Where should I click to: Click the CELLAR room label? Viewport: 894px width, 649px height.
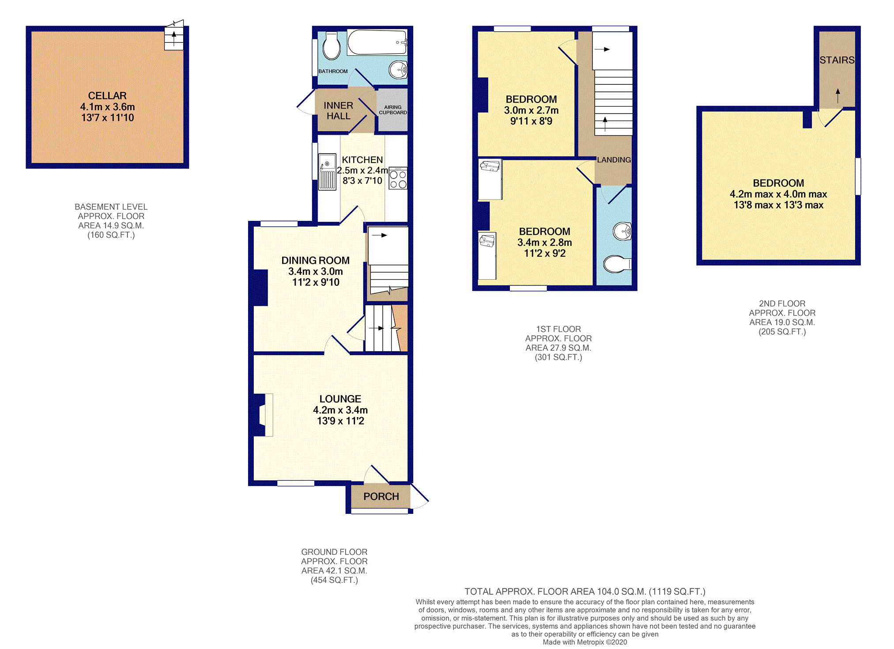[x=107, y=96]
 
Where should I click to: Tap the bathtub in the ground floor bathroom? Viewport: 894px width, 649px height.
[x=377, y=42]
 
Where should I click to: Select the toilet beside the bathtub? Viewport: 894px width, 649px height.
[x=331, y=46]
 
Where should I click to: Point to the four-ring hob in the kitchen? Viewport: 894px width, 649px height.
[x=398, y=178]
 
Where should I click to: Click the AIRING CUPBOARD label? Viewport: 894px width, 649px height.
[x=393, y=110]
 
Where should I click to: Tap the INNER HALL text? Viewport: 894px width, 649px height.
[x=338, y=111]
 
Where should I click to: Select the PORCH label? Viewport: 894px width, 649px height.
[x=381, y=497]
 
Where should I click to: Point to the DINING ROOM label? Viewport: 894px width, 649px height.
[x=316, y=261]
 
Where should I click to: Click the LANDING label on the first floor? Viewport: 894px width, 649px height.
[x=614, y=160]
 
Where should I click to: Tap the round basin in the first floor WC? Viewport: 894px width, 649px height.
[x=622, y=231]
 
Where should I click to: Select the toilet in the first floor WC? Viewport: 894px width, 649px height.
[x=617, y=265]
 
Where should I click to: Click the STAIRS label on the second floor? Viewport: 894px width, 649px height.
[x=837, y=60]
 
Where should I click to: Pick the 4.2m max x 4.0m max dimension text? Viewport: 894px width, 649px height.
[x=778, y=194]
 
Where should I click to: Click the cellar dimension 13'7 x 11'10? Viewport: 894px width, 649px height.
[x=107, y=118]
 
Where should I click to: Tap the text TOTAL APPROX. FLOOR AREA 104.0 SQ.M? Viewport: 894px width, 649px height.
[x=555, y=592]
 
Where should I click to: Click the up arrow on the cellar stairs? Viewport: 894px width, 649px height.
[x=174, y=38]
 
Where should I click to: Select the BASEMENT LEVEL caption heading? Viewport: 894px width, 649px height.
[x=111, y=207]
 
